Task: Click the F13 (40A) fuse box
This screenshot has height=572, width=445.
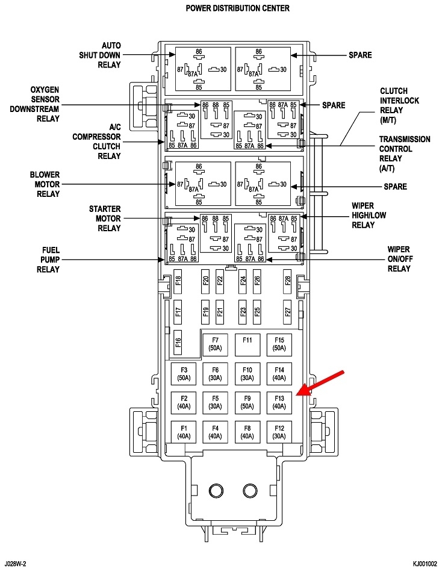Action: [279, 402]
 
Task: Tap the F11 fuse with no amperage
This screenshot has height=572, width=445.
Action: [247, 344]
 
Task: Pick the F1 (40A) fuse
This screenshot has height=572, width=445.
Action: [184, 431]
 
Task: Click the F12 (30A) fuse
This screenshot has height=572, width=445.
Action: [279, 431]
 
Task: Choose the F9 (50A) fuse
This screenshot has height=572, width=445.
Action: [247, 402]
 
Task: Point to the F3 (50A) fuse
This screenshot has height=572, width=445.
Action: [184, 373]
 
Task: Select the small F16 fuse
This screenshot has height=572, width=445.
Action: [178, 343]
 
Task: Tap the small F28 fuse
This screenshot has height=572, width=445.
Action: [288, 281]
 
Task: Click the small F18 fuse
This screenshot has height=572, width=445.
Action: [178, 281]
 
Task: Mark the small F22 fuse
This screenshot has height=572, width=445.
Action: [220, 281]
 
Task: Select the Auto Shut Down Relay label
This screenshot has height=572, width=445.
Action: [102, 55]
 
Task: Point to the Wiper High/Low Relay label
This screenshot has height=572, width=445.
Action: [372, 216]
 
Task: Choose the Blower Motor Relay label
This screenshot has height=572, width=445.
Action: [45, 184]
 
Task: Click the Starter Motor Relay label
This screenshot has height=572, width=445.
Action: [105, 219]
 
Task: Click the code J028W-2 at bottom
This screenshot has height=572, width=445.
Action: [17, 564]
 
